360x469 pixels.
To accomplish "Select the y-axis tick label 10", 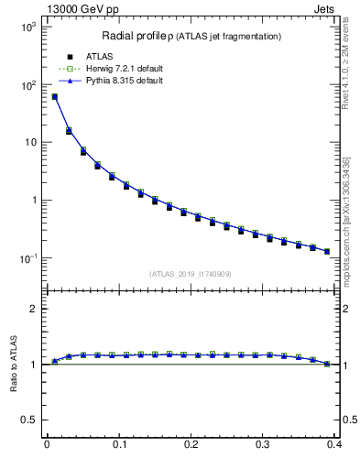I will [x=30, y=143].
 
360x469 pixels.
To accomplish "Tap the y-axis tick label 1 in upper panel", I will [x=33, y=201].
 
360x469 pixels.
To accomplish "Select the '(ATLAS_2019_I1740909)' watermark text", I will [x=191, y=273].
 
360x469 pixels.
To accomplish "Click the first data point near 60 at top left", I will [x=54, y=96].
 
